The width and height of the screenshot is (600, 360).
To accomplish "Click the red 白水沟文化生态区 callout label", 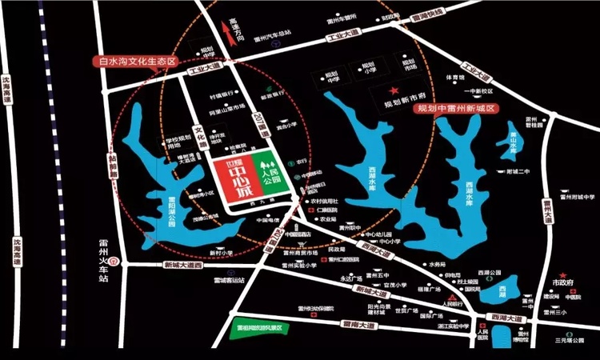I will pos(134,61).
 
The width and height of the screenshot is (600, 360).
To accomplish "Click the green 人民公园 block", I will pos(268,174).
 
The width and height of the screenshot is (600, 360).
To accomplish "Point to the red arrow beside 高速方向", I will pos(223,33).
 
